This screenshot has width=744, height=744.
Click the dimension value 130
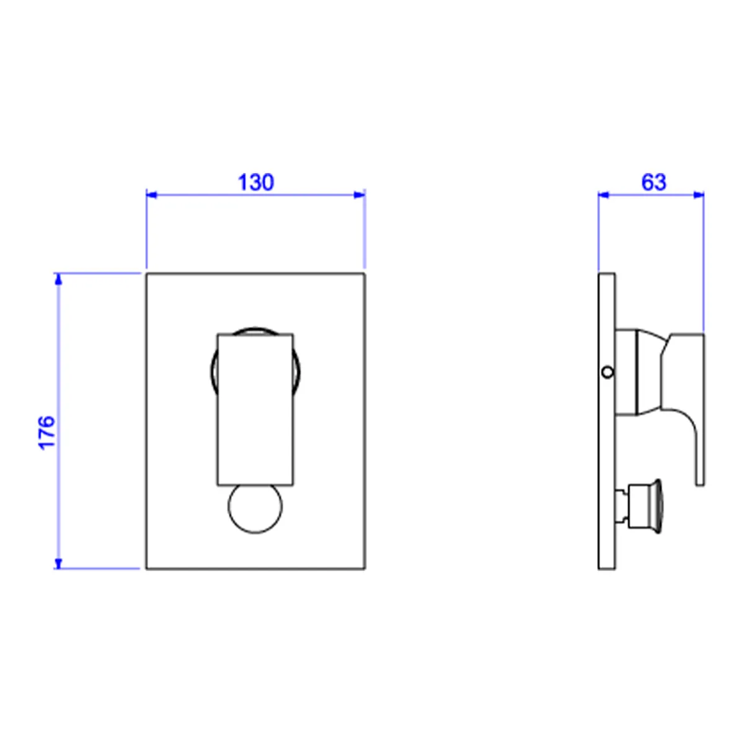[x=255, y=183]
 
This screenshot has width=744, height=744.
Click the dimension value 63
[x=653, y=183]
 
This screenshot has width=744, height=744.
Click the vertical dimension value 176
[x=46, y=432]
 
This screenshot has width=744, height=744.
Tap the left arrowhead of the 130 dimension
[x=151, y=195]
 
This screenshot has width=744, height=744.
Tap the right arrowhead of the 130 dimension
[x=360, y=195]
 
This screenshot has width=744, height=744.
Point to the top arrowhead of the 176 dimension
[x=58, y=279]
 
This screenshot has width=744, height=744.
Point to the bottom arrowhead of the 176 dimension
[x=58, y=564]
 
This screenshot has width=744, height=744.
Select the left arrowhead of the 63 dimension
[x=603, y=195]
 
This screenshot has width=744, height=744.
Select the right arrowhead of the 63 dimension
[x=699, y=195]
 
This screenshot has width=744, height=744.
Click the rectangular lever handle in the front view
[x=255, y=409]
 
